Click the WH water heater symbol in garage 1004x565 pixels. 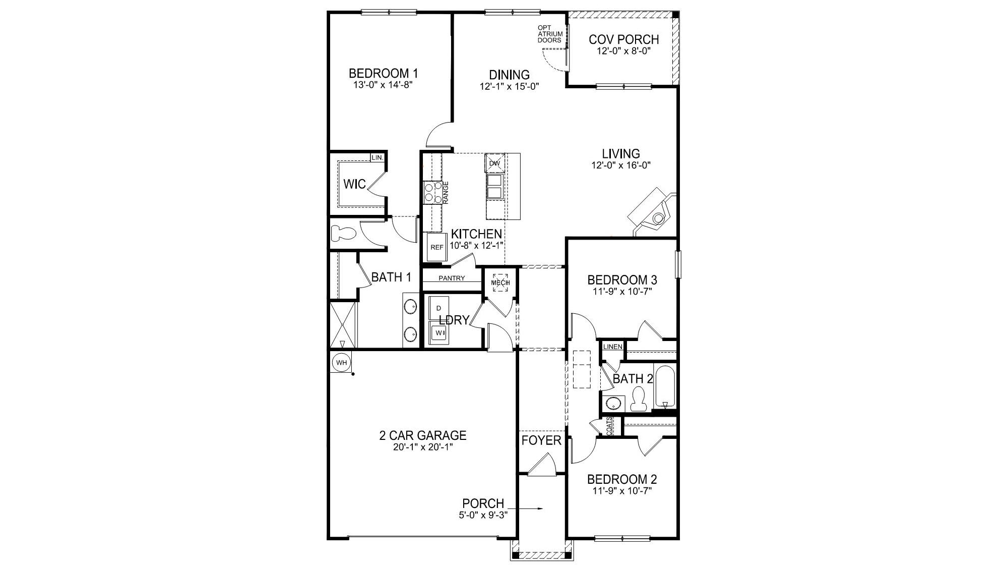click(342, 362)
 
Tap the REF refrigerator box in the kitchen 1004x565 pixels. click(436, 247)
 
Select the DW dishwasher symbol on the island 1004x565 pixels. click(494, 163)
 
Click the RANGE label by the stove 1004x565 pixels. click(446, 193)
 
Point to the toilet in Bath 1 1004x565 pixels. click(344, 234)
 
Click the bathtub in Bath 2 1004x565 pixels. click(665, 386)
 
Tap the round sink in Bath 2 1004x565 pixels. click(613, 403)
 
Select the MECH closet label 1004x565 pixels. click(500, 283)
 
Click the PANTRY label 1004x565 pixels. click(452, 278)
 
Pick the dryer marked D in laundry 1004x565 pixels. click(438, 308)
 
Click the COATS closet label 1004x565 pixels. click(609, 426)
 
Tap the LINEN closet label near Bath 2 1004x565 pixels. click(613, 347)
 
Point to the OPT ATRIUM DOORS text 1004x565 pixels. click(549, 34)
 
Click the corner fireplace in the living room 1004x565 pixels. click(654, 212)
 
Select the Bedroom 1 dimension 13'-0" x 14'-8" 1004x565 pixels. click(384, 85)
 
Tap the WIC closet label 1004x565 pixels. click(354, 184)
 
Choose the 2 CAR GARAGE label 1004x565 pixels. click(422, 435)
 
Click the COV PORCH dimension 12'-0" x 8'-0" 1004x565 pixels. click(623, 51)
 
